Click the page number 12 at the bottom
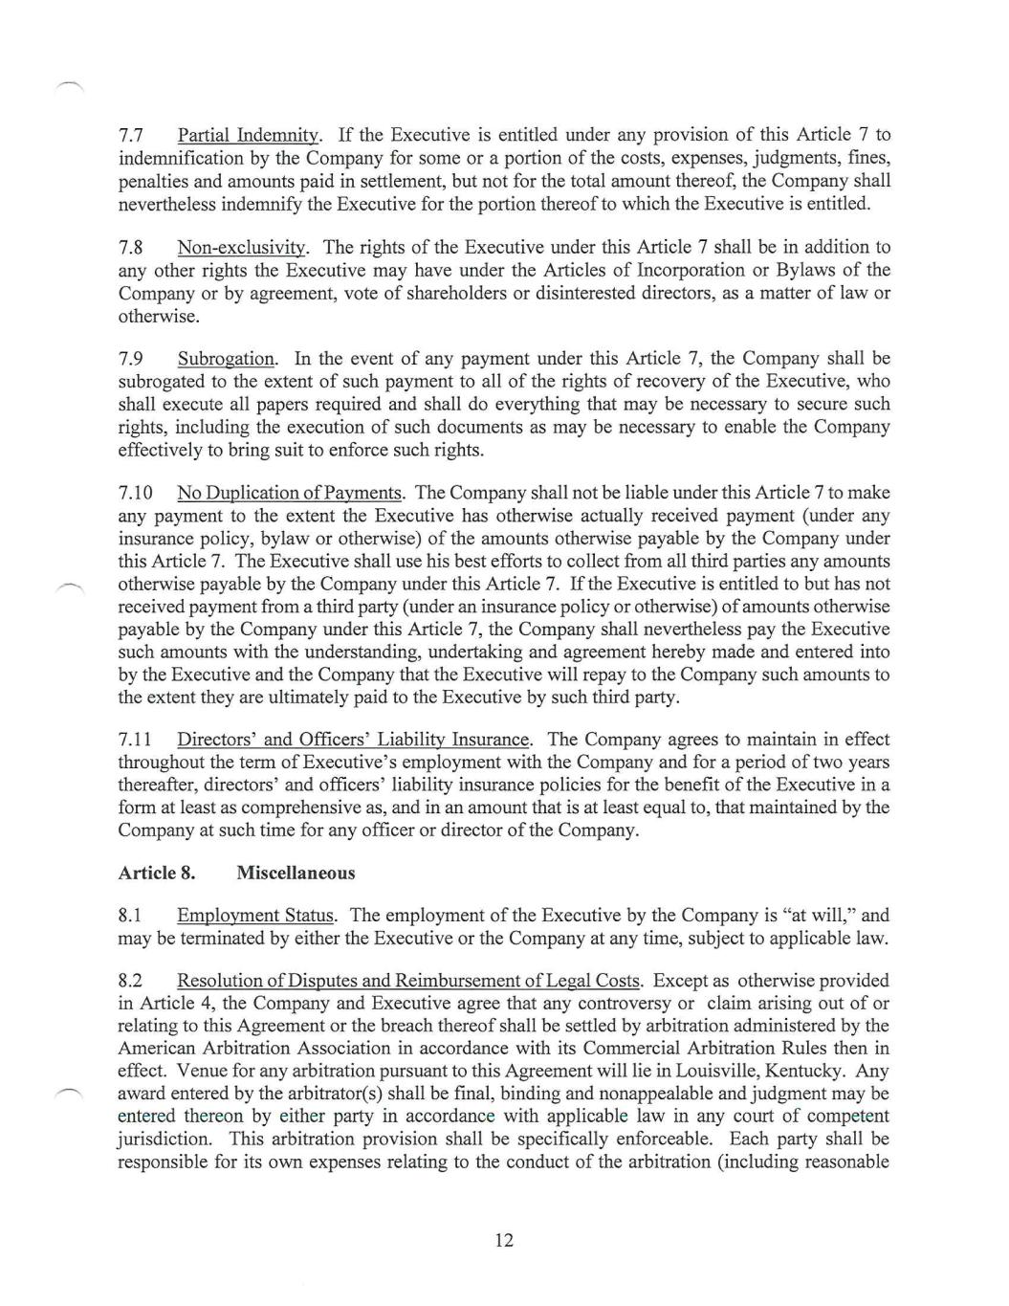tap(504, 1240)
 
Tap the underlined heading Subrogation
tap(226, 359)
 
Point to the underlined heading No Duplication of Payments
tap(290, 493)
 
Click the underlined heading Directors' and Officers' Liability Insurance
tap(353, 740)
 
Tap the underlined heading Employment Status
tap(255, 916)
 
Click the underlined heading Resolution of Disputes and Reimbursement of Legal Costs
tap(408, 981)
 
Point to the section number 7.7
tap(130, 135)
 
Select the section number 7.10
tap(135, 493)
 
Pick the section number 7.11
tap(135, 740)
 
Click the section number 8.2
tap(130, 981)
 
